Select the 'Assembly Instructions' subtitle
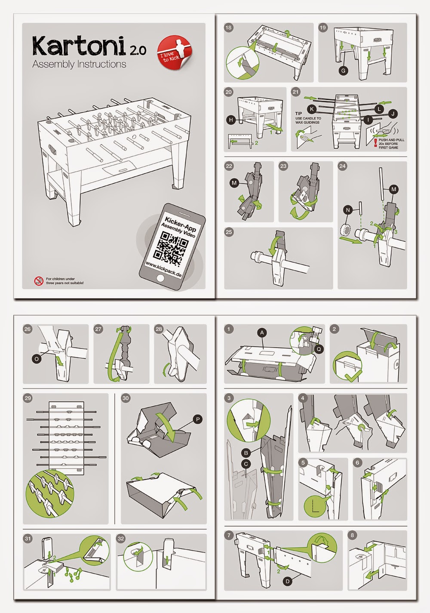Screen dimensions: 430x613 tap(79, 64)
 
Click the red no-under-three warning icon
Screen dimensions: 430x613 tap(39, 281)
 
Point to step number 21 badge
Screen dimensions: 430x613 tap(296, 92)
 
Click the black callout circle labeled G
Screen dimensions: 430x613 tap(343, 71)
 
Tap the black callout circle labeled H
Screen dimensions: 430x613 tap(231, 120)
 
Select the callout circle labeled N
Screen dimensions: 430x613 tap(348, 210)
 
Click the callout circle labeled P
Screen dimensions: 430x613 tap(197, 419)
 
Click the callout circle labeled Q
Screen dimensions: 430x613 tap(319, 349)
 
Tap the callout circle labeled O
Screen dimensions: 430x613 tap(37, 359)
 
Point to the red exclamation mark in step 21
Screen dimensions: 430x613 tap(375, 143)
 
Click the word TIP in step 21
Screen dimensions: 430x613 tap(298, 113)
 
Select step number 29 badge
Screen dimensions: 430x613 tap(28, 398)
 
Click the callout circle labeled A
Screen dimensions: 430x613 tap(262, 333)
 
